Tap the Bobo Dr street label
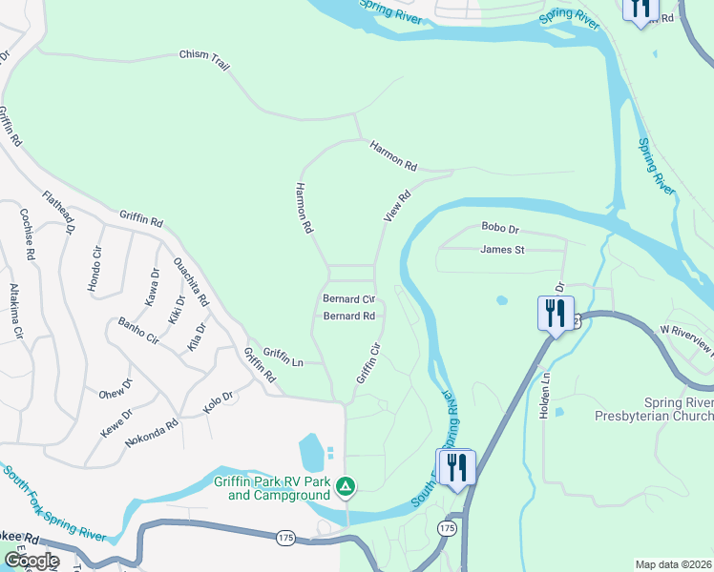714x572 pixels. (499, 229)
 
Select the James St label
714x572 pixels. (502, 250)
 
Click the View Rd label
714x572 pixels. (397, 205)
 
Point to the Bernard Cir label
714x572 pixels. (347, 298)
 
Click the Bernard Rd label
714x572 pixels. (347, 316)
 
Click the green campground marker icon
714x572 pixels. (346, 487)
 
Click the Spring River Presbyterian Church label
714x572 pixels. (653, 409)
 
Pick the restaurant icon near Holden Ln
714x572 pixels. (556, 314)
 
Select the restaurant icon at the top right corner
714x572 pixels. (639, 8)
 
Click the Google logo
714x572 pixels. (31, 561)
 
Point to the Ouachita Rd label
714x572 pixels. (191, 281)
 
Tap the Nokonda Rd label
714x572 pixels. (151, 430)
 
